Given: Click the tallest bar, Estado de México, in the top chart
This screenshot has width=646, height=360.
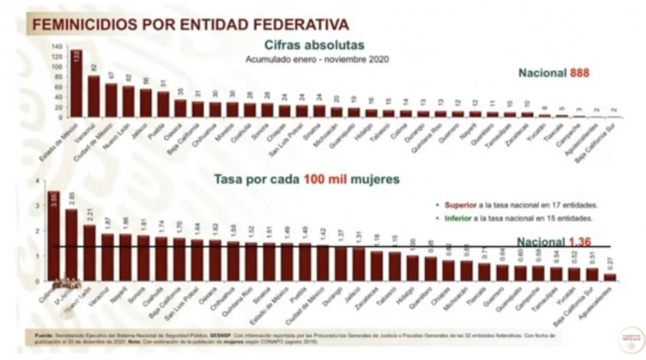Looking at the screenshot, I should coord(76,84).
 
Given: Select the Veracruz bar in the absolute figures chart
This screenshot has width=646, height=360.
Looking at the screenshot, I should coord(94,96).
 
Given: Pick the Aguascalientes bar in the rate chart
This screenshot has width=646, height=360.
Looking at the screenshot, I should coord(610,278).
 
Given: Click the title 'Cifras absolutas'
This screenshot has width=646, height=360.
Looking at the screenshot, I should coord(314,45).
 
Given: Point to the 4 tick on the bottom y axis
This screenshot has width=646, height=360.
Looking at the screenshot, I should coord(38,181).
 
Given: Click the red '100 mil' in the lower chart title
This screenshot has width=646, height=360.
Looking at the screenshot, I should coord(325,179).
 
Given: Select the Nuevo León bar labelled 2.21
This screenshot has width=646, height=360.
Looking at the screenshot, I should coord(89,253).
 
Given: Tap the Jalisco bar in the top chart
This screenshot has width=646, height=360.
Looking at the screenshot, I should coord(146,103).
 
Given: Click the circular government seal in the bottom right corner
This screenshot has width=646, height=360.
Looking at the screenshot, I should coord(631,340).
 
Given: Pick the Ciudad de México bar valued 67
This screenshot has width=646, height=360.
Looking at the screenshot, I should coord(111,100).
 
